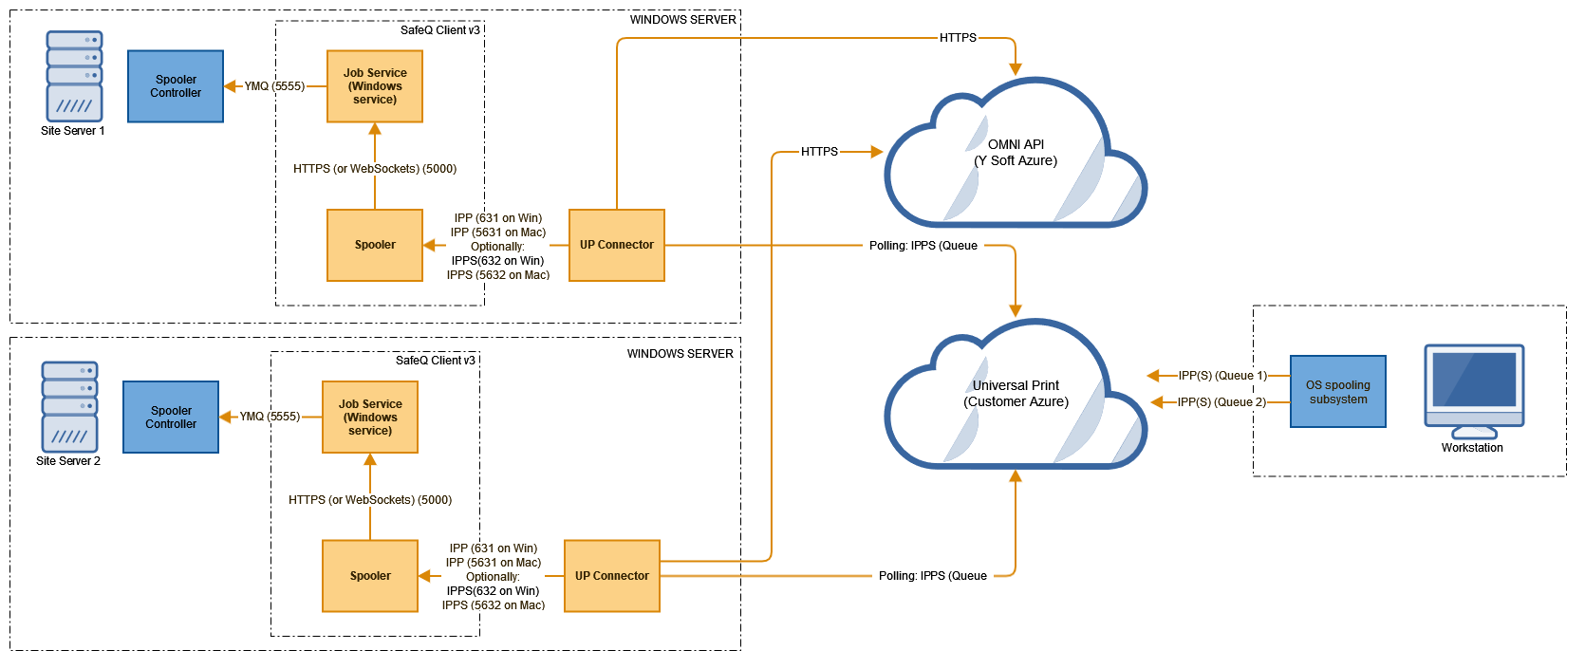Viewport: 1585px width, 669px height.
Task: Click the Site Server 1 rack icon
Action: (74, 76)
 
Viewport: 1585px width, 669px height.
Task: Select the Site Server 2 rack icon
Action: (69, 406)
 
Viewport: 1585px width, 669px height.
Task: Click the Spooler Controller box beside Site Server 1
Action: (176, 86)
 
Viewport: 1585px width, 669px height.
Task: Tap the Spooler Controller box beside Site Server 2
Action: (171, 418)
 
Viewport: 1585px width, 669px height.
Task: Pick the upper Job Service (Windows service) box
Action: (375, 86)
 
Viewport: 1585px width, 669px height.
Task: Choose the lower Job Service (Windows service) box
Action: (370, 418)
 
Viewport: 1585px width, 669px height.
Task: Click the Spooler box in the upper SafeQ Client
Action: (375, 245)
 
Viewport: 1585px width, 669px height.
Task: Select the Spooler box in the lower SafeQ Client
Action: (370, 576)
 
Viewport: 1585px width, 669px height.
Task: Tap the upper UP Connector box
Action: (617, 245)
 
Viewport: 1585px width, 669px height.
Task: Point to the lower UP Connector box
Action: (612, 576)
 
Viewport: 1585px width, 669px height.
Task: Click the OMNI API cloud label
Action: (1016, 153)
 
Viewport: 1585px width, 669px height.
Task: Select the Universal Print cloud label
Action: (1016, 394)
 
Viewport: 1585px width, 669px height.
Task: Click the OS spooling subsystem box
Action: (1338, 392)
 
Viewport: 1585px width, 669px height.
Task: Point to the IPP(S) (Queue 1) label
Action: (1222, 376)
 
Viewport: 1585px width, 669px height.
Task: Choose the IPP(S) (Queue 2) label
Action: (1221, 402)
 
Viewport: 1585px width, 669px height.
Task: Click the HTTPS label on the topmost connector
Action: (958, 38)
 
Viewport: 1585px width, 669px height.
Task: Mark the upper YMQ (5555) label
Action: (274, 86)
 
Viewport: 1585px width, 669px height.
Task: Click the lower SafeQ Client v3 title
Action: (435, 361)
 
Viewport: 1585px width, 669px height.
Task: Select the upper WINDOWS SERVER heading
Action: (682, 20)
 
